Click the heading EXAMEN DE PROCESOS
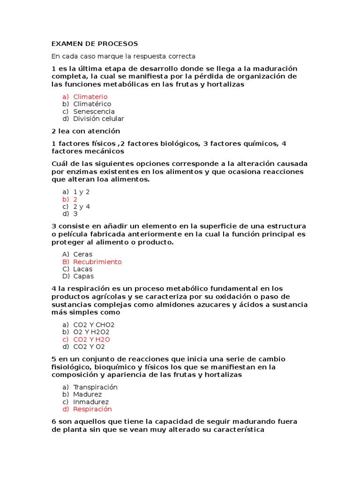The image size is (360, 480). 95,44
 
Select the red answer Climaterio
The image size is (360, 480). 90,97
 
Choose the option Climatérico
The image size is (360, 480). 92,104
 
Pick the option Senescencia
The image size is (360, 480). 94,112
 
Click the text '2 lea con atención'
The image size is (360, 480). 86,131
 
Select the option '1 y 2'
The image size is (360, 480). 81,192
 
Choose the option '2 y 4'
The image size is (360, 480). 82,206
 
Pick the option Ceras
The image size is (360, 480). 83,255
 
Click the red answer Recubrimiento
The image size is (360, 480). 97,262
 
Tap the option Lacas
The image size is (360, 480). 83,269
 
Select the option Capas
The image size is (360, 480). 83,276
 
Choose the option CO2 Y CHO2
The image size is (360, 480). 94,324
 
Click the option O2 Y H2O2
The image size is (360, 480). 91,332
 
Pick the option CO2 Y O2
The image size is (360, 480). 89,347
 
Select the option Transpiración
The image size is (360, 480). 95,387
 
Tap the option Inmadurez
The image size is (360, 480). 91,402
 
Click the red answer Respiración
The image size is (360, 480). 92,409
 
